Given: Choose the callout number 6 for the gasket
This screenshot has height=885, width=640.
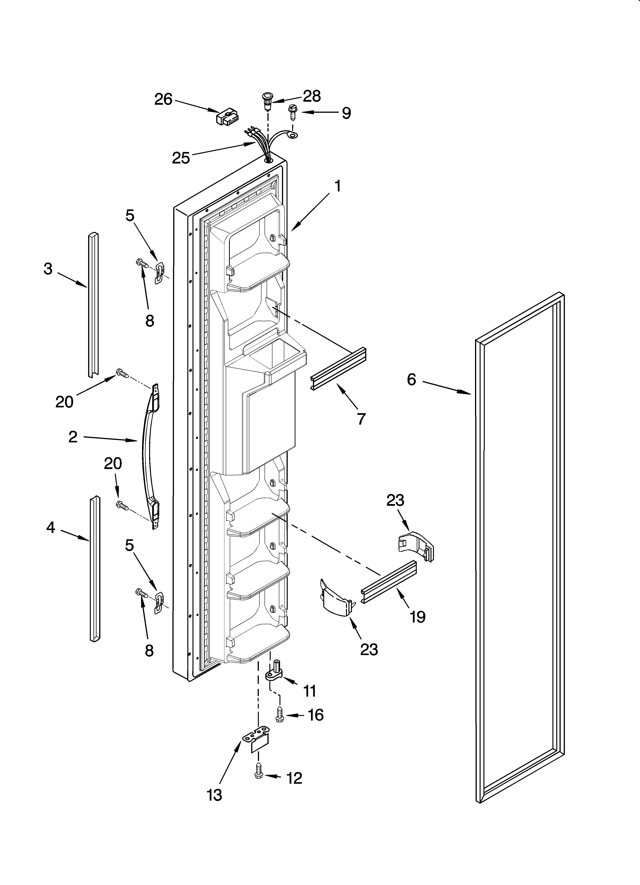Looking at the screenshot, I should (412, 379).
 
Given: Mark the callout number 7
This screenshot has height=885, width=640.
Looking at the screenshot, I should (361, 419).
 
